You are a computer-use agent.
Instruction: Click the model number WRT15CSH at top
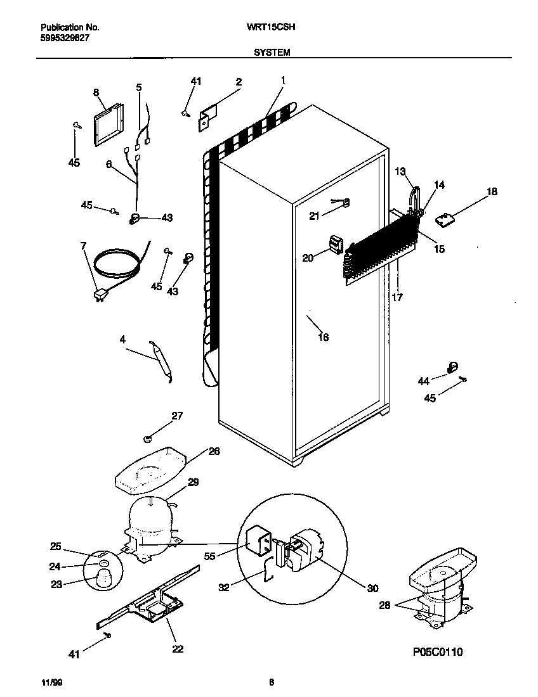[273, 28]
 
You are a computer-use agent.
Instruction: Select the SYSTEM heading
[272, 53]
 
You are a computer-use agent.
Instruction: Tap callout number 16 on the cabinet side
[323, 337]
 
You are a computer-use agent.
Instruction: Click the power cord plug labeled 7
[100, 295]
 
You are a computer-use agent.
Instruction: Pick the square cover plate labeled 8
[107, 125]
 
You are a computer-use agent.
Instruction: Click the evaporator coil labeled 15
[381, 244]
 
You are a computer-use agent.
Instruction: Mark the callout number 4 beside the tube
[122, 340]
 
